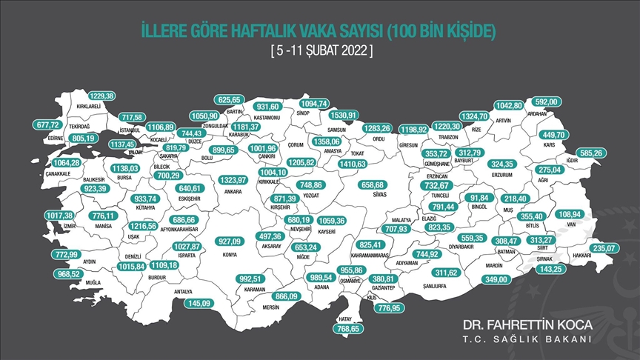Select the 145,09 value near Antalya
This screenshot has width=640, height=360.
click(x=202, y=303)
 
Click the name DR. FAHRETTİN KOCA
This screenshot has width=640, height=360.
click(x=527, y=325)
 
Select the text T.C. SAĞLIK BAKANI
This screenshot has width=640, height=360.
click(x=527, y=339)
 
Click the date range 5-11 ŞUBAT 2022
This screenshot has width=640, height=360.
click(x=319, y=52)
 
